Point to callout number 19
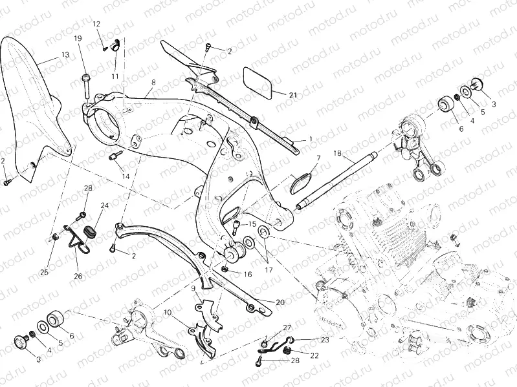[78, 39]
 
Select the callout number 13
[65, 55]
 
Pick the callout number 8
[153, 83]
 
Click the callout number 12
[96, 24]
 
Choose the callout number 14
[125, 176]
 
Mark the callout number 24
[104, 205]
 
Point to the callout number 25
[45, 272]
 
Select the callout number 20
[280, 302]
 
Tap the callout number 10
[168, 312]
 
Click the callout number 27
[287, 328]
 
